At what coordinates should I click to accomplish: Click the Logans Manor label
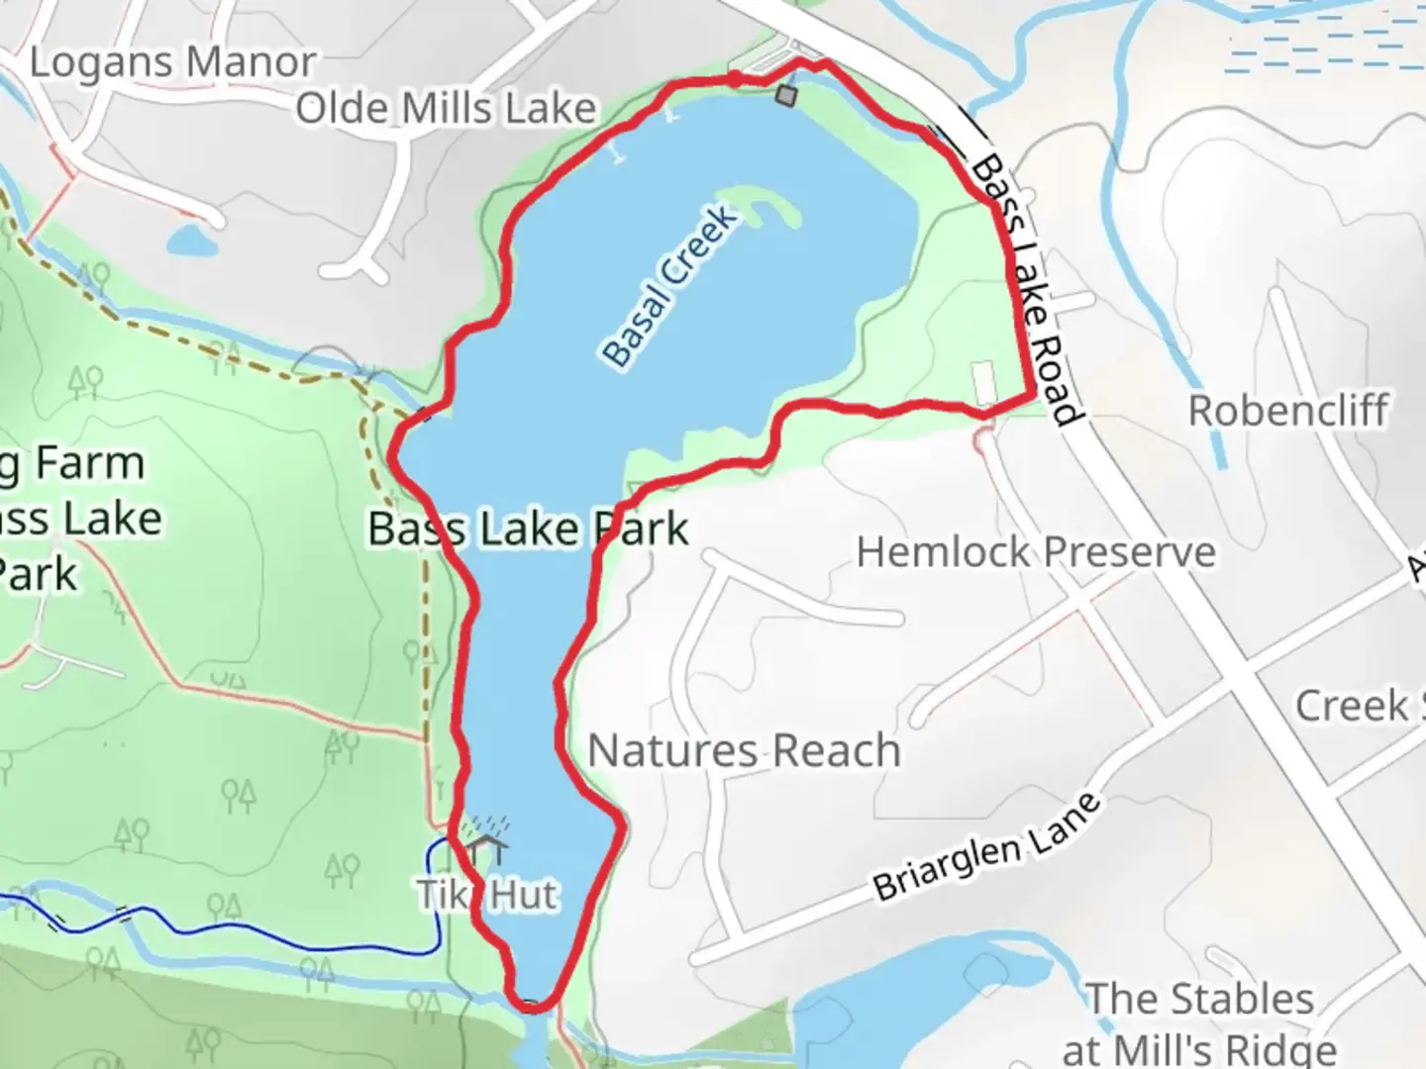click(x=172, y=62)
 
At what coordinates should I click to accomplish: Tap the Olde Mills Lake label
click(x=446, y=108)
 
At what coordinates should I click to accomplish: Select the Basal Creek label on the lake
click(x=670, y=286)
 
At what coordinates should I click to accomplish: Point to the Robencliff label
click(x=1287, y=410)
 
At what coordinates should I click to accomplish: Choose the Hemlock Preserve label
click(x=1035, y=551)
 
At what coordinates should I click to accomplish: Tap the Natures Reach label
click(x=744, y=750)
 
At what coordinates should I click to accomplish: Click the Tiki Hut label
click(x=487, y=895)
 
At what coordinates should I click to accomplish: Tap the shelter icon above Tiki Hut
click(x=485, y=845)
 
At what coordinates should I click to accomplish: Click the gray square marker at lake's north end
click(x=786, y=95)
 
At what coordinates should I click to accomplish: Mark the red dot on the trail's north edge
click(x=735, y=77)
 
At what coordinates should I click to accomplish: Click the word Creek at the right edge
click(x=1352, y=706)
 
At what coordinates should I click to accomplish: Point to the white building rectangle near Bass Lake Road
click(x=982, y=383)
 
